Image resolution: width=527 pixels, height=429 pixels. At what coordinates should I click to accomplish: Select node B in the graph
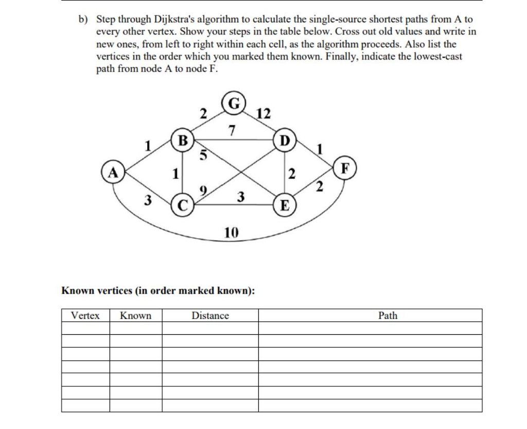pos(182,140)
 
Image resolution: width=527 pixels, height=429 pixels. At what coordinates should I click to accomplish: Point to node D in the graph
pos(285,140)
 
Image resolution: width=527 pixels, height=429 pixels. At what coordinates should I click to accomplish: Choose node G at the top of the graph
pos(233,102)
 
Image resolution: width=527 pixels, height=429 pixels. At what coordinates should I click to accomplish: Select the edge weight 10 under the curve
pos(231,233)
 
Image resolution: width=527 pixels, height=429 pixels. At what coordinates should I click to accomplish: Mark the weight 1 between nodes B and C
pos(175,174)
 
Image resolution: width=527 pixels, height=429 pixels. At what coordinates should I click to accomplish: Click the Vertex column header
pos(85,316)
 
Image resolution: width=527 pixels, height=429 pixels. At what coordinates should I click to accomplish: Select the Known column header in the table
pos(136,316)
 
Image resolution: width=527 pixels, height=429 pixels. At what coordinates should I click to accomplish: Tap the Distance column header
pos(210,316)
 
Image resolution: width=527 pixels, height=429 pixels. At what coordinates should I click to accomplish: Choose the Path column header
pos(388,316)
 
